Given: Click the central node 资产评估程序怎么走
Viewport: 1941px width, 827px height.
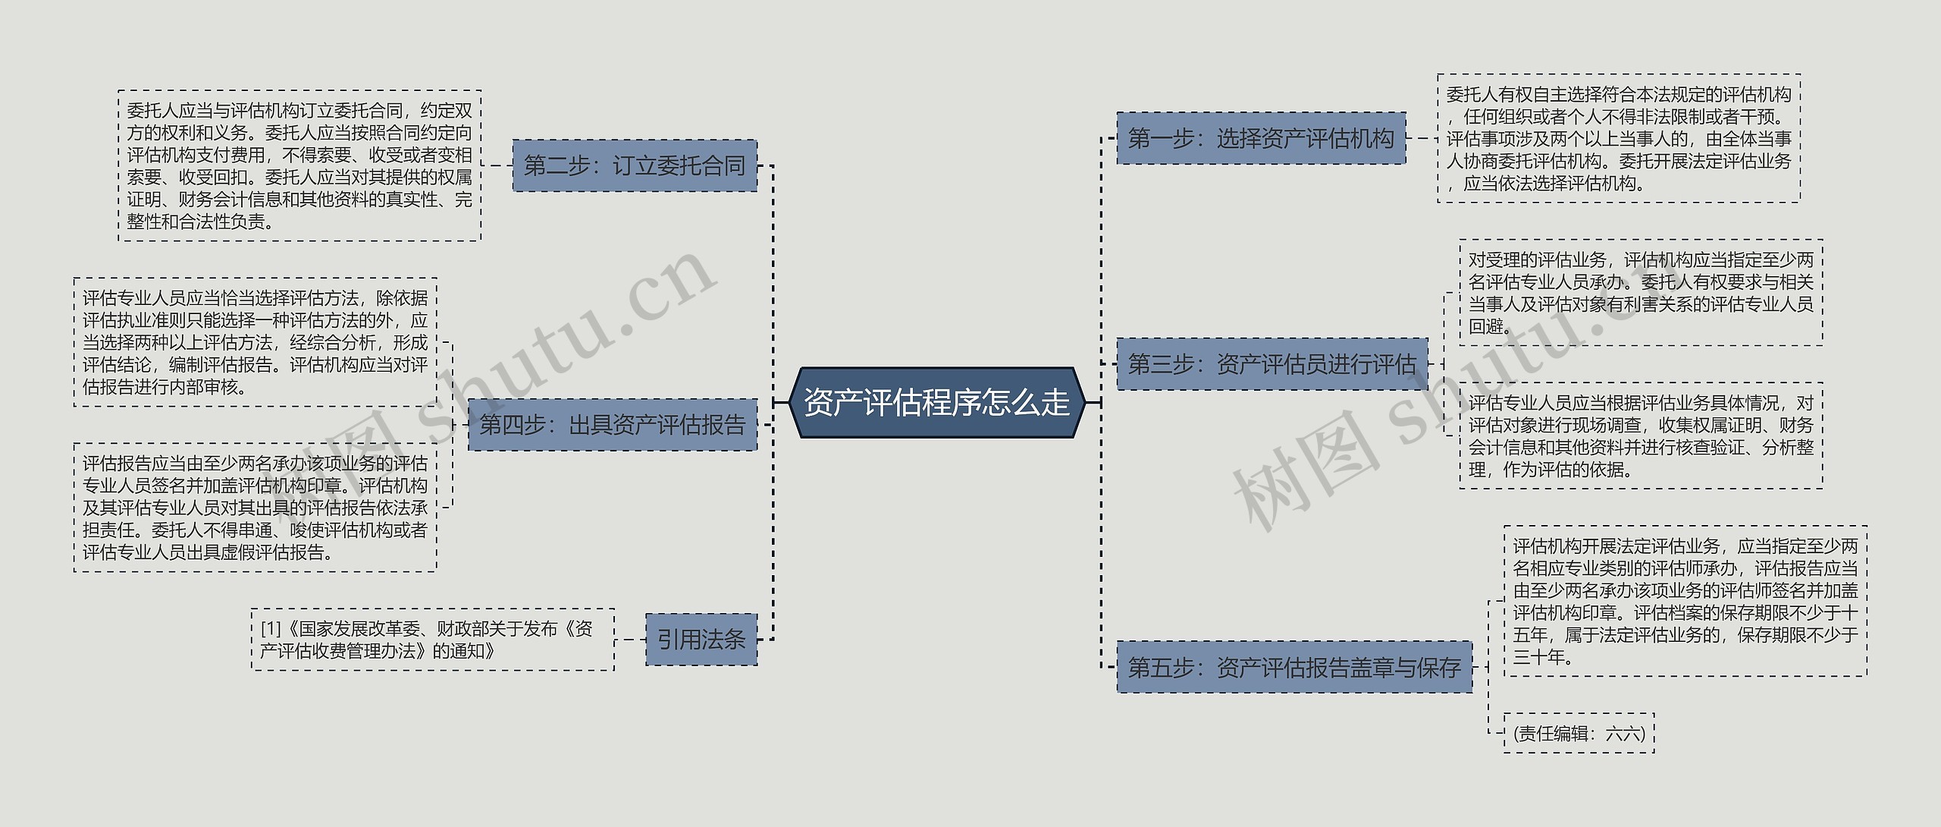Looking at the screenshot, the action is [936, 402].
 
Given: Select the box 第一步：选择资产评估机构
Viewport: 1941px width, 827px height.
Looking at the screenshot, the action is [1261, 138].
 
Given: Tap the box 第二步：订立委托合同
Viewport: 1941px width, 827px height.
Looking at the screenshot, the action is [635, 165].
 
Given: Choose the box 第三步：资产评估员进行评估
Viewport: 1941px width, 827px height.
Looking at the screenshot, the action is [1272, 364].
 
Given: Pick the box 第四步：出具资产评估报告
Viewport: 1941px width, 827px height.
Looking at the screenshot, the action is [612, 425].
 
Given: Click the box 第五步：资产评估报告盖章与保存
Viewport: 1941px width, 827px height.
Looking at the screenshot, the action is [1294, 668].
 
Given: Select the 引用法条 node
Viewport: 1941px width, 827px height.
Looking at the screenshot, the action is [701, 640].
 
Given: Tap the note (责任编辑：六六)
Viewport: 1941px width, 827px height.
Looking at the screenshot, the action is [1579, 733].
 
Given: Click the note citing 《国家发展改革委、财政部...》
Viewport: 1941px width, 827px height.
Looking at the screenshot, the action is [432, 640].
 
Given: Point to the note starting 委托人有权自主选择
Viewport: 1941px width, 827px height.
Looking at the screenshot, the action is [1619, 139].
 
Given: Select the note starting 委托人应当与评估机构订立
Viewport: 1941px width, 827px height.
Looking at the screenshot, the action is [299, 165].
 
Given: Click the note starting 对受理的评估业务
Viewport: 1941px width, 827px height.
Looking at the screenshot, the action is [1641, 293].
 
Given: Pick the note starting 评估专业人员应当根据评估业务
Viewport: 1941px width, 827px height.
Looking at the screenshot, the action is [1641, 436].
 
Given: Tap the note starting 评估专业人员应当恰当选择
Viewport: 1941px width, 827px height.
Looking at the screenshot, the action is [256, 342].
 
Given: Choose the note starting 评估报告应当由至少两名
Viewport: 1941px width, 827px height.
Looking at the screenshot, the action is [256, 508].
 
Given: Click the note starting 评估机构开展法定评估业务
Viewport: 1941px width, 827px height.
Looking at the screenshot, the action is [1685, 601].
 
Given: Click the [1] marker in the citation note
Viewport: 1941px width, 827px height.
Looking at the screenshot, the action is [271, 629].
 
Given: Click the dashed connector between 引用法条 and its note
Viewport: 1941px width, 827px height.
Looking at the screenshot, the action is [630, 640].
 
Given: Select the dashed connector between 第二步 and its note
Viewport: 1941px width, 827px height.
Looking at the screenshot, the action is [497, 165].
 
